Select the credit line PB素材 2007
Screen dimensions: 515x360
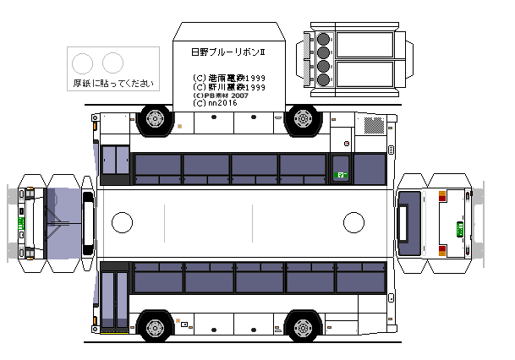tap(222, 95)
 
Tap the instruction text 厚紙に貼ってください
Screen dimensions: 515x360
tap(113, 83)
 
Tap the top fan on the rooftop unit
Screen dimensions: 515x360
tap(324, 39)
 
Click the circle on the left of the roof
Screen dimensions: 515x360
tap(123, 223)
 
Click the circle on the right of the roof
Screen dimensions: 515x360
tap(354, 223)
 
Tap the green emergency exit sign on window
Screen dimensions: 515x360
tap(342, 175)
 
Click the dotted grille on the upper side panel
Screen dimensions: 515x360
tap(373, 125)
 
